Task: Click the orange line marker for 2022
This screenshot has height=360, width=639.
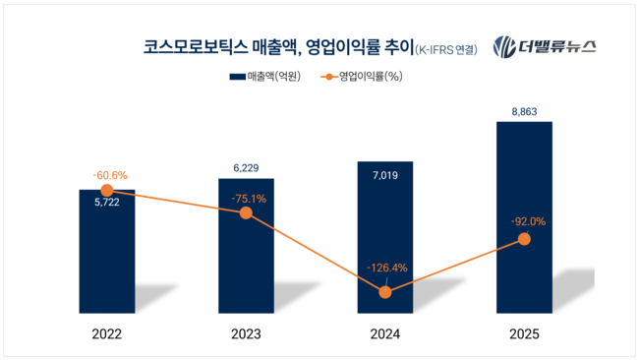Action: pos(107,190)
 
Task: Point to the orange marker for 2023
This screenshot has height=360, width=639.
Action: pos(246,212)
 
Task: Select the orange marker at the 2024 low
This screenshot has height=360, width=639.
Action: pos(384,292)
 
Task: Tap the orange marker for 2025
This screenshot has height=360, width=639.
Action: pos(523,239)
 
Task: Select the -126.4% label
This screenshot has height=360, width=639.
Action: pos(384,267)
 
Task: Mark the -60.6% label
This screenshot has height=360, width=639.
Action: pos(107,174)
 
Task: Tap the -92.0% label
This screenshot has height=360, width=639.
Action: pos(523,221)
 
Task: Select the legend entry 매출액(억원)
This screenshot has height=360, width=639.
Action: pos(264,76)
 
